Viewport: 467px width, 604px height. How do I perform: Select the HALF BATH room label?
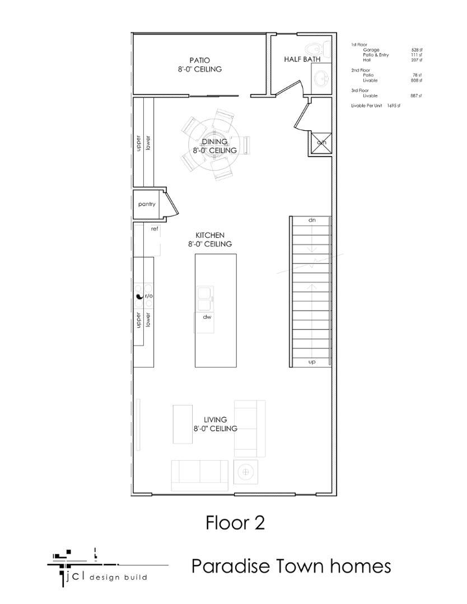pos(302,59)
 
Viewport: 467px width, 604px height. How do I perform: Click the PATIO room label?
pos(199,60)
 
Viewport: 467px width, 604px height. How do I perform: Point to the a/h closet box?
pos(321,143)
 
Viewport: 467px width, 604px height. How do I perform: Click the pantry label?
pos(147,204)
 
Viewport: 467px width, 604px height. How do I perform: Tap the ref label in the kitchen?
pos(155,228)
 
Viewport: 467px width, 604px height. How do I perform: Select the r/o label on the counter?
pos(149,296)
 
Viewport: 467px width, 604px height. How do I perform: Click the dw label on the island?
pos(207,317)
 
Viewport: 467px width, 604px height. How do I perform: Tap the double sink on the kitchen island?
pos(204,298)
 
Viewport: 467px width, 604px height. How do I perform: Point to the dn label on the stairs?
pos(312,220)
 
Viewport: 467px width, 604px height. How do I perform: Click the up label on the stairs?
pos(312,362)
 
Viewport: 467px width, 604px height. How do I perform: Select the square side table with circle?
pos(245,472)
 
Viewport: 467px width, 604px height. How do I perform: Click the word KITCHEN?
pos(210,235)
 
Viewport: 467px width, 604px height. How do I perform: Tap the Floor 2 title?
pos(235,523)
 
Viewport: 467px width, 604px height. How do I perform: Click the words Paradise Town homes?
pos(291,566)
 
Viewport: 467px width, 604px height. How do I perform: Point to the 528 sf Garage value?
pos(416,50)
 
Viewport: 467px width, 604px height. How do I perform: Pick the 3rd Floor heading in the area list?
pos(359,90)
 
